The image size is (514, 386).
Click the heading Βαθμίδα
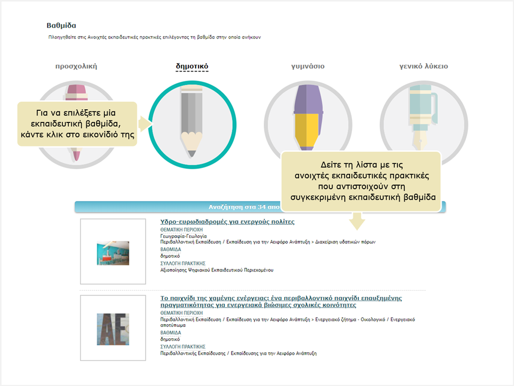[61, 25]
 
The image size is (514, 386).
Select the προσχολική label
[76, 66]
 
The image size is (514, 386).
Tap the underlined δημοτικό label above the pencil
[192, 66]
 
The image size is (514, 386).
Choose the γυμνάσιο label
[308, 66]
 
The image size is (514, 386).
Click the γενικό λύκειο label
[423, 66]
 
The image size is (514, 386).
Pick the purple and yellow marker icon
[307, 117]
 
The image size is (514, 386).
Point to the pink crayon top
[77, 93]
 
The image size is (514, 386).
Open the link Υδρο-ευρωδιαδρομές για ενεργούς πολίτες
[227, 222]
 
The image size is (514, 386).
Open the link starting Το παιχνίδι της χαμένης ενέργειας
[281, 301]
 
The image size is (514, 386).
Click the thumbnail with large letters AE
[113, 329]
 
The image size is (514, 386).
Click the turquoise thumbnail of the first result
[113, 253]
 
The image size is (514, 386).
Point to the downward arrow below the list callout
[357, 221]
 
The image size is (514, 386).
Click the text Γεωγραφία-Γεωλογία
[183, 236]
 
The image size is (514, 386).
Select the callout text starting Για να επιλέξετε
[77, 124]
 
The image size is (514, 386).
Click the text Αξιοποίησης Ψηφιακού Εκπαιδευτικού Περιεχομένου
[217, 270]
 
